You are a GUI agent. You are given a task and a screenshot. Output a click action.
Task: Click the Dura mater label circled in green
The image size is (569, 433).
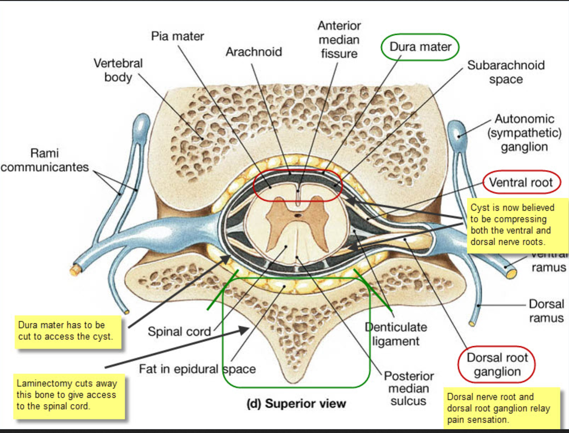420,46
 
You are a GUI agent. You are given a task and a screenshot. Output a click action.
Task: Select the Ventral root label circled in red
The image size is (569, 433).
521,183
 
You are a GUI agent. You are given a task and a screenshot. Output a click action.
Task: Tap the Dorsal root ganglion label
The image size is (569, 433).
497,364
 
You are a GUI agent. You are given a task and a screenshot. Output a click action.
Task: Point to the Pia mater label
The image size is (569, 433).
177,36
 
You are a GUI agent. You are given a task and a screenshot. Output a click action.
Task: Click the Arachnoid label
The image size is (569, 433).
254,51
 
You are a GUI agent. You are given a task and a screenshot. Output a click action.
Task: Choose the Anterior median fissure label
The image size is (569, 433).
339,39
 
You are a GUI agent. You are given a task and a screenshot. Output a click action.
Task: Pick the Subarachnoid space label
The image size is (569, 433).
505,72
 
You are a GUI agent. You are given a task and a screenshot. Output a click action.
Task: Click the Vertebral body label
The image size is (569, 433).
118,70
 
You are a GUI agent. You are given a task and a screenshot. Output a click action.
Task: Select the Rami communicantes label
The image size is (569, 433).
45,160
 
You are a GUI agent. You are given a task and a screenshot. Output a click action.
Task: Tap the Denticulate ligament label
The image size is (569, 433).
395,333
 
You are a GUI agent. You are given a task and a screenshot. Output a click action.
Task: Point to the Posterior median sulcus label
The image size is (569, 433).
408,388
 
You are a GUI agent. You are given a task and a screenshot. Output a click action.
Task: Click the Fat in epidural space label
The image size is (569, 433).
197,369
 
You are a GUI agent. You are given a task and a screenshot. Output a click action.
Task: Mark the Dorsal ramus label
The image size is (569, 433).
546,310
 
